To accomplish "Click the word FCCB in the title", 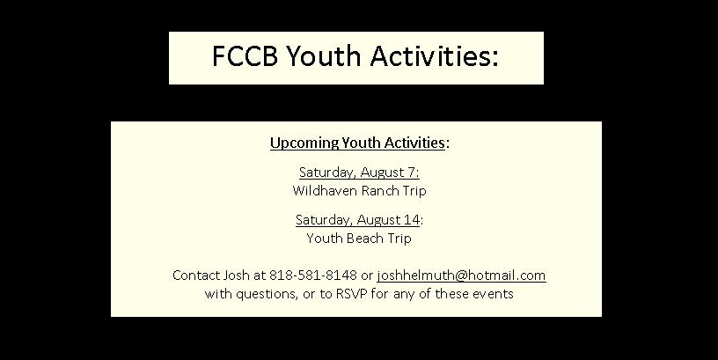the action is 245,55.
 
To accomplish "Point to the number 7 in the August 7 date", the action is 411,173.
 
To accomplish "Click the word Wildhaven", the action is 324,190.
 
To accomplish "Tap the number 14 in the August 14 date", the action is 411,220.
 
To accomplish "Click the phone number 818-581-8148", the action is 313,276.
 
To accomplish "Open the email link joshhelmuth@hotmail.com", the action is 462,276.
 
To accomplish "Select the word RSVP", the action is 352,294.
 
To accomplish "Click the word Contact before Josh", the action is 195,276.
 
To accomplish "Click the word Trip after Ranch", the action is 414,191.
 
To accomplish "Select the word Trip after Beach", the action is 399,239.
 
